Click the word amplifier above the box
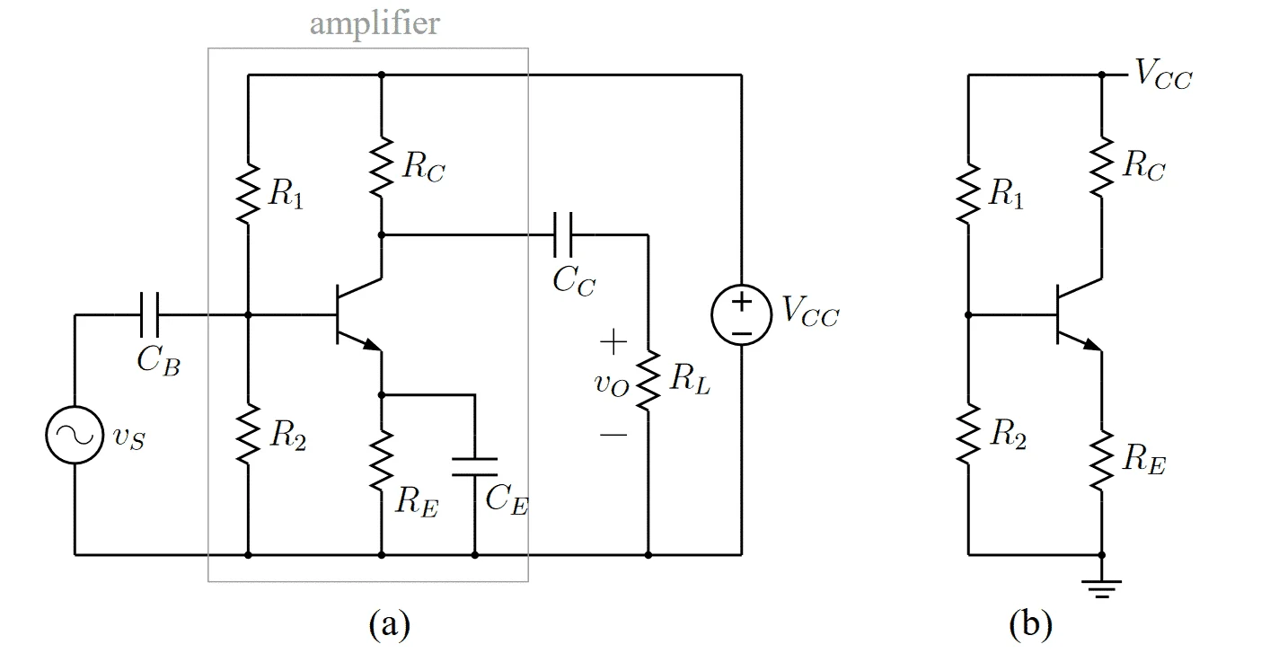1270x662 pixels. point(375,24)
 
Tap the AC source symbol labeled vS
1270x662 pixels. point(75,435)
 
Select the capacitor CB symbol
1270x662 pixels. point(150,314)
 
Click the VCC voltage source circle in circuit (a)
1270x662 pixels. point(742,314)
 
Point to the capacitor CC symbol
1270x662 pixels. point(563,234)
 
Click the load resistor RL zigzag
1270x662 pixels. point(648,380)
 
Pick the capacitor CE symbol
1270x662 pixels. point(475,467)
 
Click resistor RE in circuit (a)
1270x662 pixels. point(382,460)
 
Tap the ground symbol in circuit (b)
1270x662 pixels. point(1102,589)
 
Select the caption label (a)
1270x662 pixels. point(390,624)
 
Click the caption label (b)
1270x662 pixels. point(1030,624)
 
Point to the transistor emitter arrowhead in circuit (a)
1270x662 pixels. point(372,345)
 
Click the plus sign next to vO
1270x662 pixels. point(613,341)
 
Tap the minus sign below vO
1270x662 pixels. point(613,435)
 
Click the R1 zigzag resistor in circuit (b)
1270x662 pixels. point(968,193)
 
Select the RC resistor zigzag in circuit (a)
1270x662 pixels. point(382,167)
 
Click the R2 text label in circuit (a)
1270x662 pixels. point(288,435)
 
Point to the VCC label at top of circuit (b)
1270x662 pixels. point(1163,75)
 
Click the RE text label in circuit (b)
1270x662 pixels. point(1144,458)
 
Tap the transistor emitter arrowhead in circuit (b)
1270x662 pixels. point(1092,345)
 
